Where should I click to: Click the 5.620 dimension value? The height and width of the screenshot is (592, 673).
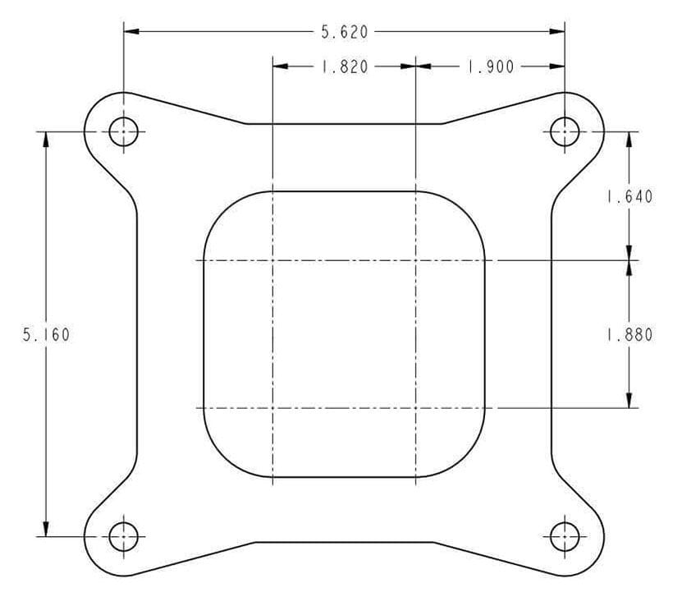[x=344, y=32]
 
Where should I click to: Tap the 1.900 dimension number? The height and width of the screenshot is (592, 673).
[x=490, y=67]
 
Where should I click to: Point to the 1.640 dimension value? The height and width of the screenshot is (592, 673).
[x=629, y=196]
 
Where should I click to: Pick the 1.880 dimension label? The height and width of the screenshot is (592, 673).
[x=629, y=335]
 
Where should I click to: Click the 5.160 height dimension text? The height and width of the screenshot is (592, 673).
[x=46, y=335]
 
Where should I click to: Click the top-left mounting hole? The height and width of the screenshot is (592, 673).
[x=124, y=131]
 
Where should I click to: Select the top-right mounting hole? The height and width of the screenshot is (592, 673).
[x=565, y=131]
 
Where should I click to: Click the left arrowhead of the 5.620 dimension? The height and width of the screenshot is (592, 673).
[x=131, y=32]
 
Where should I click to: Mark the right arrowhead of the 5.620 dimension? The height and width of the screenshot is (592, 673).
[x=557, y=32]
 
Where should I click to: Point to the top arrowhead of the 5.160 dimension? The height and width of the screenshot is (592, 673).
[x=46, y=139]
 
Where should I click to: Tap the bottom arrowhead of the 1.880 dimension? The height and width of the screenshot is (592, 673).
[x=629, y=400]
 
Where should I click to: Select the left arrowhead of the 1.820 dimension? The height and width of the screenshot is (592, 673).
[x=280, y=67]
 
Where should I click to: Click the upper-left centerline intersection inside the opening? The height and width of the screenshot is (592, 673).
[x=272, y=261]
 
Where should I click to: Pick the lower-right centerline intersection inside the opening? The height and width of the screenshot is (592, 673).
[x=416, y=407]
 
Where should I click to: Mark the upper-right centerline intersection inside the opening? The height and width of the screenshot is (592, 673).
[x=416, y=261]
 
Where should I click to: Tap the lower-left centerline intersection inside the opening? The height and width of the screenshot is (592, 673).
[x=272, y=407]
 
